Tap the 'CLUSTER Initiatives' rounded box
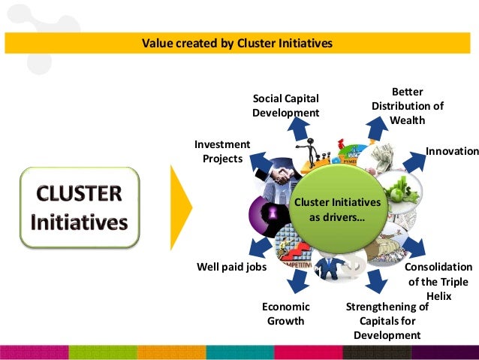[x=80, y=207]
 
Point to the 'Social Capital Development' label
[x=285, y=105]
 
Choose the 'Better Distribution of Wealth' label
[x=408, y=106]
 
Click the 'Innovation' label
[x=452, y=151]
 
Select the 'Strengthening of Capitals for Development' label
[x=387, y=321]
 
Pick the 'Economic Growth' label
[x=285, y=314]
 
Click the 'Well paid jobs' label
[x=231, y=267]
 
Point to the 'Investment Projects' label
[x=222, y=151]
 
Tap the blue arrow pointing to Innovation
[x=414, y=161]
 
